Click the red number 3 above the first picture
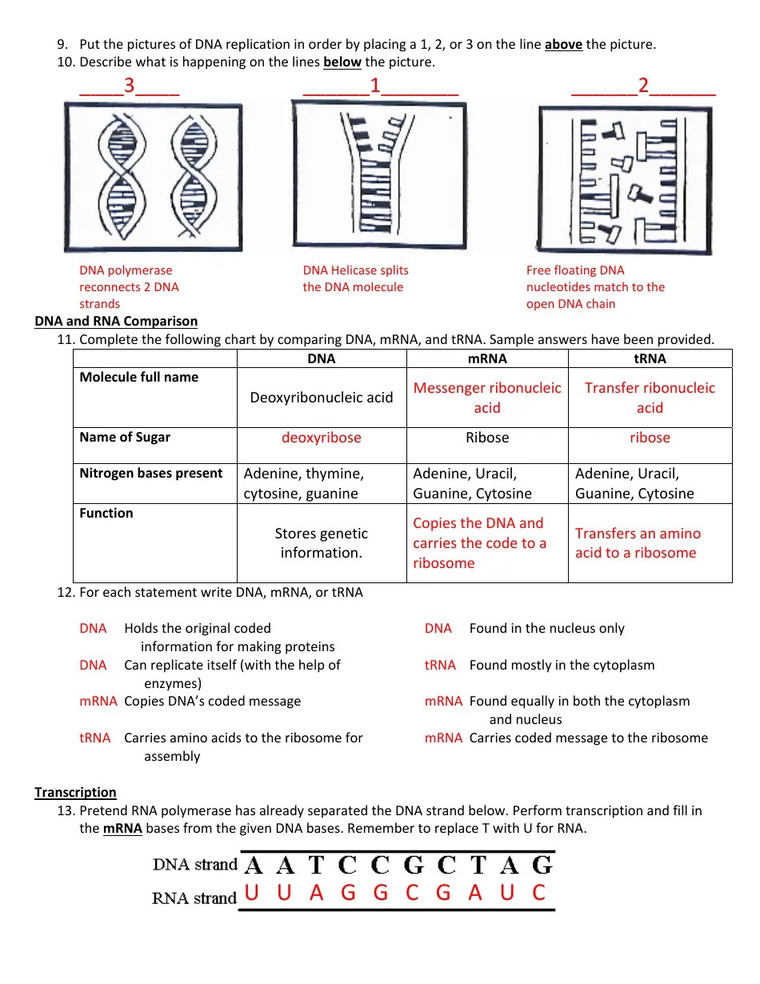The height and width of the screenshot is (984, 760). [129, 86]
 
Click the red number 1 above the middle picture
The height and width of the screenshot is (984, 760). [374, 86]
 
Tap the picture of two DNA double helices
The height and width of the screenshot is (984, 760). [153, 178]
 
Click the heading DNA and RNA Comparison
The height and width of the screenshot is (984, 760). [116, 321]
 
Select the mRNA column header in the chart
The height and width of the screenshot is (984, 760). [486, 358]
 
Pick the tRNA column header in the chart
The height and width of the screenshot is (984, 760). [650, 358]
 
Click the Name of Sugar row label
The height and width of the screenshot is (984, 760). [125, 437]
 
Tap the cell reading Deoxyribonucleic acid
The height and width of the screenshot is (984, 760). [322, 398]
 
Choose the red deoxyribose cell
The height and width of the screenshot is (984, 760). [322, 438]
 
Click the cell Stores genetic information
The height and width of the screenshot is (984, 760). [322, 543]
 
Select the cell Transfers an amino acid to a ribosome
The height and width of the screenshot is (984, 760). [638, 543]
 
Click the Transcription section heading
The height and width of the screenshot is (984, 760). [75, 792]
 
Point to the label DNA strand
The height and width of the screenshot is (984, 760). [195, 865]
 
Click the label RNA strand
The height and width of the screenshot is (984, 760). [194, 898]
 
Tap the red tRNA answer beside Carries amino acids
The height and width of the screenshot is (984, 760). [95, 738]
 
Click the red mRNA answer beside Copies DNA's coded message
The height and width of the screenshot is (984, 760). [98, 701]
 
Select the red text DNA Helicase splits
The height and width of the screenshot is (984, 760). [355, 270]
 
